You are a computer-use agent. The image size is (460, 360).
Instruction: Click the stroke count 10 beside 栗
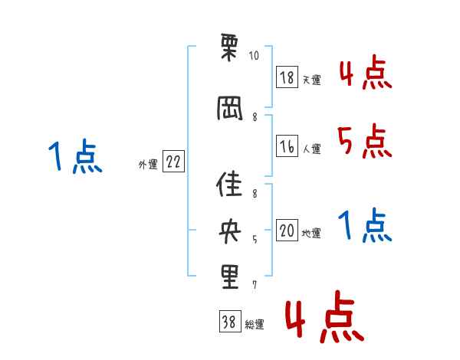(254, 56)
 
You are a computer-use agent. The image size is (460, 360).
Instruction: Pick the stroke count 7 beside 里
(255, 285)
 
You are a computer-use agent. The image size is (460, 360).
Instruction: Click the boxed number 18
(287, 77)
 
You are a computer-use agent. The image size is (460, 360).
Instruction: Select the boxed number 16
(287, 146)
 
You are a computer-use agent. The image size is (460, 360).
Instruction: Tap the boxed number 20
(287, 231)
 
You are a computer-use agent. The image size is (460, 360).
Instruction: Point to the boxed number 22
(173, 162)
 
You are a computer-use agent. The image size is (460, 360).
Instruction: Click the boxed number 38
(229, 322)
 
